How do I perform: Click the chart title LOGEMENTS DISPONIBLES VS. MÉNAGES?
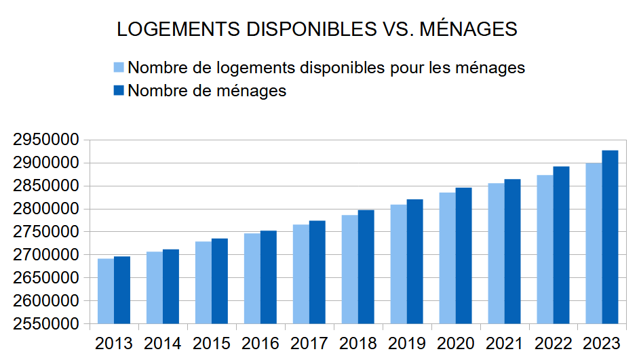[317, 29]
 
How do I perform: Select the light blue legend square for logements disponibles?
[119, 68]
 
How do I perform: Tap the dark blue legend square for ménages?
[119, 90]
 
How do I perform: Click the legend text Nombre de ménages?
[207, 90]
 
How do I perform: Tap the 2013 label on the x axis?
[114, 343]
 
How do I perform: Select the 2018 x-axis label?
[358, 343]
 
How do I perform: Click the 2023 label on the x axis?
[602, 343]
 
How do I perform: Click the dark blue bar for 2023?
[611, 237]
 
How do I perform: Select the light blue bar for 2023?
[594, 243]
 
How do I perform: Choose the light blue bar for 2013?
[106, 291]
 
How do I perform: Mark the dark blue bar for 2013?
[122, 289]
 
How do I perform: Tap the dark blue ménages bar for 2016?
[269, 277]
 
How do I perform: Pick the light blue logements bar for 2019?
[399, 264]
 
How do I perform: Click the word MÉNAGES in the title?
[469, 29]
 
